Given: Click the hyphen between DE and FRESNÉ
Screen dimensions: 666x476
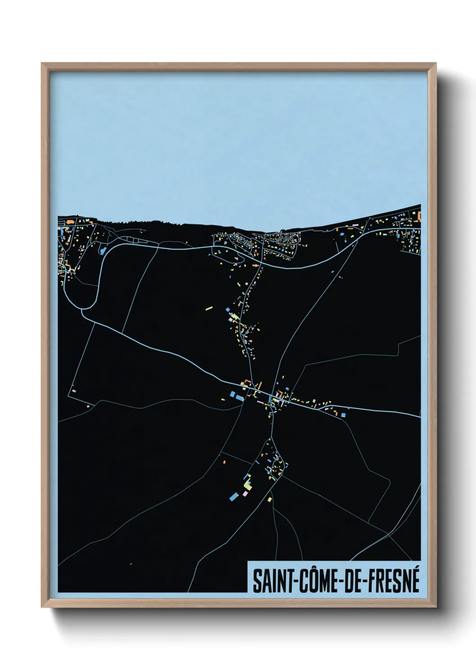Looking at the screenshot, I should pyautogui.click(x=365, y=582).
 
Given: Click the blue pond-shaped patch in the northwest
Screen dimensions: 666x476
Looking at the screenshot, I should pyautogui.click(x=102, y=249).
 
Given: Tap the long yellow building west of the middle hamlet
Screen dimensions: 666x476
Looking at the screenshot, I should pyautogui.click(x=208, y=308).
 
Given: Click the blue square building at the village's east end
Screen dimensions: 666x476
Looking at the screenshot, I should pyautogui.click(x=344, y=414).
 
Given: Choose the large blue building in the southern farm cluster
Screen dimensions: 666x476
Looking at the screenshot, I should pyautogui.click(x=233, y=496).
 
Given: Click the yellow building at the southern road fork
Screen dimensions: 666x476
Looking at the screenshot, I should pyautogui.click(x=269, y=499).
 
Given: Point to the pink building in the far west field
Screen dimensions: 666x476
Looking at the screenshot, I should pyautogui.click(x=74, y=391).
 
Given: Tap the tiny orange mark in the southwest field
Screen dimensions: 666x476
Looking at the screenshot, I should pyautogui.click(x=130, y=563).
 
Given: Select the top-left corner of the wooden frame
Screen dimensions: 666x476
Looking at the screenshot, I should pyautogui.click(x=42, y=63).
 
